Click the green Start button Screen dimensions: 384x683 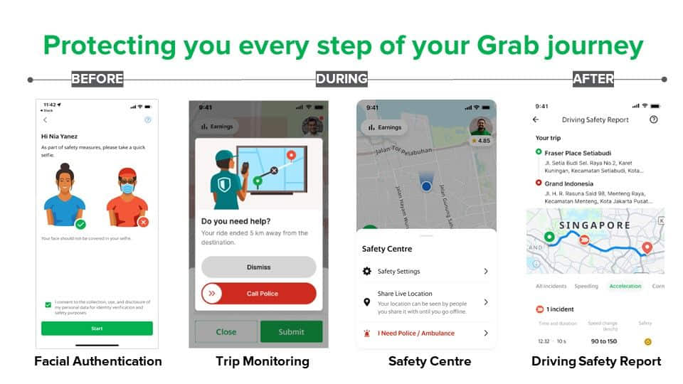pos(97,329)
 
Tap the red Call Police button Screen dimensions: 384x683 pos(259,293)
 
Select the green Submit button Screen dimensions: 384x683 pos(291,331)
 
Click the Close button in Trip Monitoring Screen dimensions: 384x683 pos(226,331)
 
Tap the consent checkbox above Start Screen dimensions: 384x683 pos(48,305)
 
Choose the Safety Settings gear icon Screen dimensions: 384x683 pos(367,271)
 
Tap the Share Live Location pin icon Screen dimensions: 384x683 pos(367,302)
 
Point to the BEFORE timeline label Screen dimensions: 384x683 pos(97,79)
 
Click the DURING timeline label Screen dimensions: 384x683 pos(341,79)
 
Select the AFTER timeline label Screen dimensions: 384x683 pos(593,79)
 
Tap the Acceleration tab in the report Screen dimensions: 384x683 pos(625,286)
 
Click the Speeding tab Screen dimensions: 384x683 pos(586,286)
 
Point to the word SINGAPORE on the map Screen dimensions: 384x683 pos(594,225)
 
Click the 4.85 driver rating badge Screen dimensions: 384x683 pos(481,141)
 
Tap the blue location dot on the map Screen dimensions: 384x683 pos(426,186)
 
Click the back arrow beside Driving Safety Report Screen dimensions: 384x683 pos(536,120)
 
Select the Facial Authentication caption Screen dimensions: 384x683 pos(98,361)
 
